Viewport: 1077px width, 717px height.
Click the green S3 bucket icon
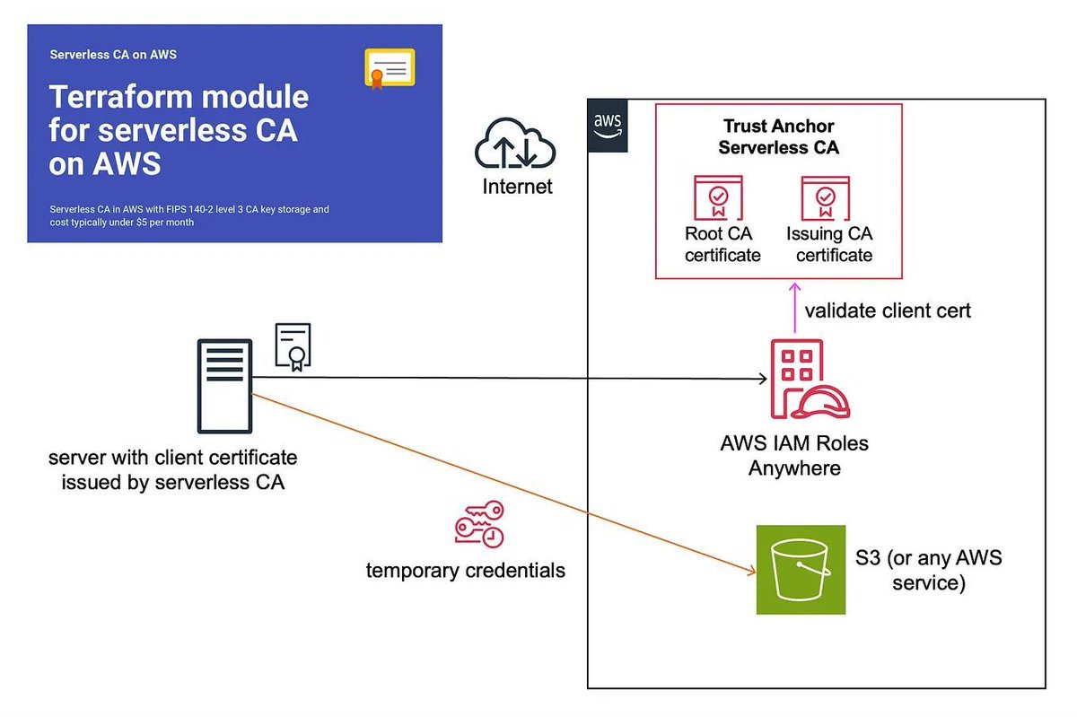801,570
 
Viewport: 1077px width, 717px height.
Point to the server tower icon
223,386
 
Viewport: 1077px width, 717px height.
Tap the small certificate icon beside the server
293,346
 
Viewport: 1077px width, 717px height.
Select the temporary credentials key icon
479,525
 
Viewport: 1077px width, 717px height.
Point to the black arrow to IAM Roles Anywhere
503,378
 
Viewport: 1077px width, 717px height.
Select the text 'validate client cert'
887,311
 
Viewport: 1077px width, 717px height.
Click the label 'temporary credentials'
465,570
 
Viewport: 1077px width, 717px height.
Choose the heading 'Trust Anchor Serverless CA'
778,137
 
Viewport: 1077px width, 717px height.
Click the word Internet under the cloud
517,187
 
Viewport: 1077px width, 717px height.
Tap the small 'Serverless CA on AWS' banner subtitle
113,54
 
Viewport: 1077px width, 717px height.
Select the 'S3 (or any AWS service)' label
928,570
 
